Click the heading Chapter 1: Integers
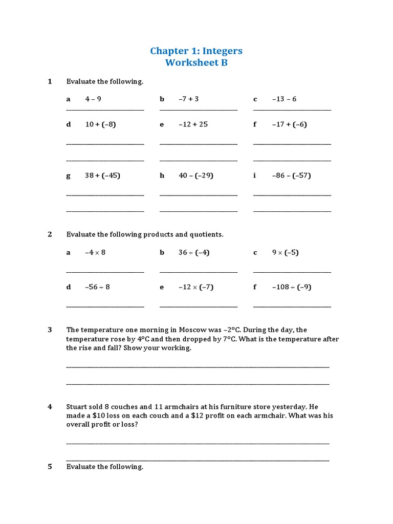click(196, 51)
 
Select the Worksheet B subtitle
click(196, 63)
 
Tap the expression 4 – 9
click(93, 99)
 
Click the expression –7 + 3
click(188, 99)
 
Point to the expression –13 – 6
click(284, 99)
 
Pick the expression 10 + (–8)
click(100, 124)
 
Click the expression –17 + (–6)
click(289, 124)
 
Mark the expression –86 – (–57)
click(291, 176)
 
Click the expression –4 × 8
click(95, 252)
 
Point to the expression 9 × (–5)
click(285, 252)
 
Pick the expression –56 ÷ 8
click(97, 287)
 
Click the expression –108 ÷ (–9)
click(291, 287)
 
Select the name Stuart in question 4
click(77, 407)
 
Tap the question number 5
click(50, 466)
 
